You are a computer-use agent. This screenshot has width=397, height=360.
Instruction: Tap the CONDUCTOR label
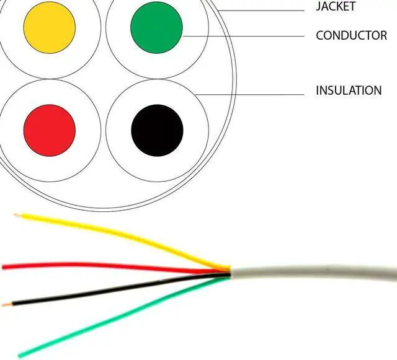tap(351, 35)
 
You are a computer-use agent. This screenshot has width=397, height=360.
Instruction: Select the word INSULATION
tap(349, 90)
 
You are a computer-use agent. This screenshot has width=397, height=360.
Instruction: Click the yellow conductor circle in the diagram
tap(50, 27)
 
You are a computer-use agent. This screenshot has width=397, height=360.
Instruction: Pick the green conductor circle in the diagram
tap(156, 27)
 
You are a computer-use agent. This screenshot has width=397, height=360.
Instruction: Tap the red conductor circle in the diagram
tap(50, 130)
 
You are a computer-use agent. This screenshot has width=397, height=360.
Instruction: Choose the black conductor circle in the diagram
tap(158, 130)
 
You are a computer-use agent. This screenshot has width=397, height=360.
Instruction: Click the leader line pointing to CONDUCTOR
tap(248, 36)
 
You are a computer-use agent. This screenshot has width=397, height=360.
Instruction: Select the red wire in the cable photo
tap(93, 266)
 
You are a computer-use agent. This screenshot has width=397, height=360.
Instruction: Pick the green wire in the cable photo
tap(124, 316)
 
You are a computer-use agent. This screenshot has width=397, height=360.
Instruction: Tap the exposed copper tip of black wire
tap(6, 304)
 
